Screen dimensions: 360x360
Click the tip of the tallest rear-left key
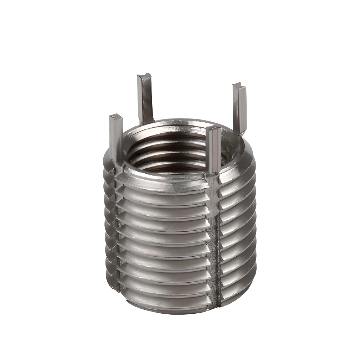coord(144,77)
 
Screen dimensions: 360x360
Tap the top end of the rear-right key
coord(239,86)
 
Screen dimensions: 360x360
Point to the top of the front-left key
coord(116,117)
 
